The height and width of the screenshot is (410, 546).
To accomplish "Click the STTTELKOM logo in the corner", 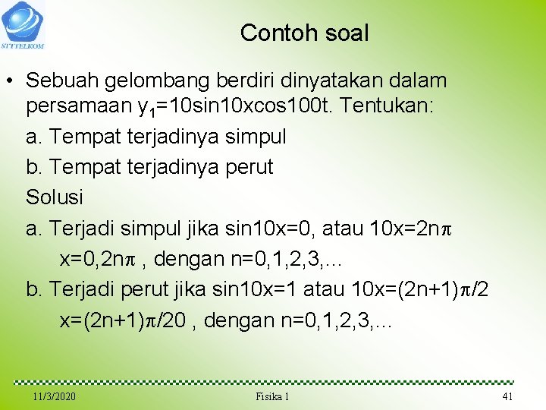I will (x=24, y=24).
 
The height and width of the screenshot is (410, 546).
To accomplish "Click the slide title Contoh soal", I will (x=304, y=33).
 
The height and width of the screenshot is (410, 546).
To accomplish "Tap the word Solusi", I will (x=55, y=197).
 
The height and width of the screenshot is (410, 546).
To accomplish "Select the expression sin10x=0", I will (x=275, y=228).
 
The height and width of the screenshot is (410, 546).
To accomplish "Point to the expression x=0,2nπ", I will (x=98, y=259).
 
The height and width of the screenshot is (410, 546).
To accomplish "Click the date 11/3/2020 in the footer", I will (x=54, y=397).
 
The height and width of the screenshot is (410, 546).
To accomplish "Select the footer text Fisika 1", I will (x=272, y=397).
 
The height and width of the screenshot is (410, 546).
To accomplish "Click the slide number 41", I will (x=507, y=397).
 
